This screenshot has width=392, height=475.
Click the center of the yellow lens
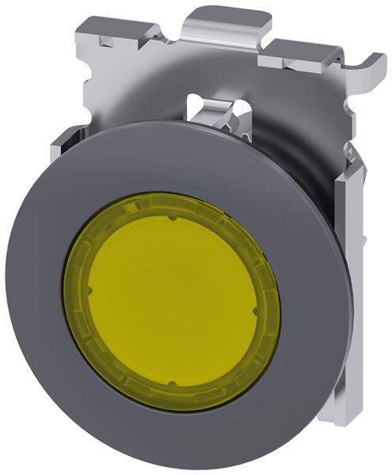point(169,300)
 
